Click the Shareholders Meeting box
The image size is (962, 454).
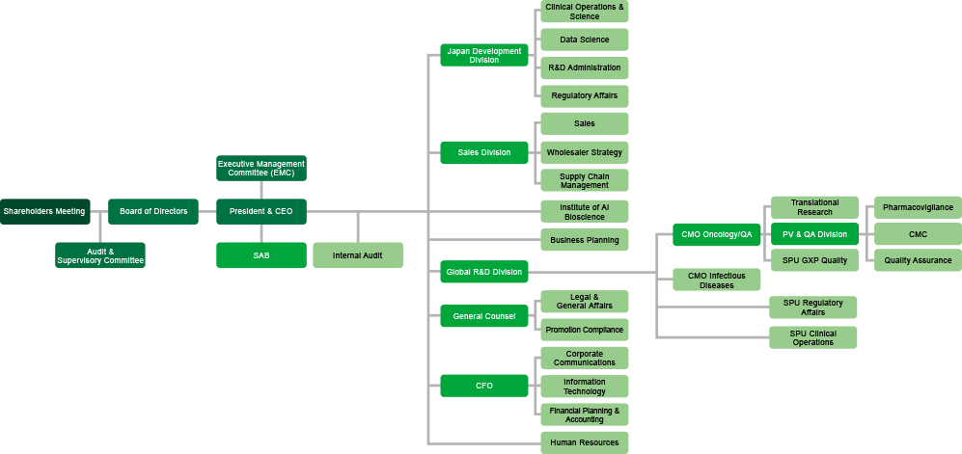[x=44, y=211]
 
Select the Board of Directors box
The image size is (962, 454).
[x=153, y=211]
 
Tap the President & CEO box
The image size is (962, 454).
[x=261, y=211]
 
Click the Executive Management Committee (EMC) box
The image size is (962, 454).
[x=261, y=168]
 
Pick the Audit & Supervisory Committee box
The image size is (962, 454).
[x=100, y=255]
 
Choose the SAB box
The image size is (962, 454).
[x=261, y=255]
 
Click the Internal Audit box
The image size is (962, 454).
[x=357, y=255]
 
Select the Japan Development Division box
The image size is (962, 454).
[x=483, y=55]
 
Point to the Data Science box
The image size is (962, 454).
[x=584, y=40]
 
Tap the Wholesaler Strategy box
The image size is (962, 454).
[x=584, y=152]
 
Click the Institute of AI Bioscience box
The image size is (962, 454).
[x=584, y=211]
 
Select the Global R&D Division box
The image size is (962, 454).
[x=483, y=272]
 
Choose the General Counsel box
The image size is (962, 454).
[x=483, y=316]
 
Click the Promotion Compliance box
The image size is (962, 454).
[x=584, y=330]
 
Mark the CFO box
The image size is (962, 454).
[x=483, y=386]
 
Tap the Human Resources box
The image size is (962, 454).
[x=584, y=442]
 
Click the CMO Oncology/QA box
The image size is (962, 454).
[x=717, y=233]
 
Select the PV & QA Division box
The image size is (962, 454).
[x=813, y=233]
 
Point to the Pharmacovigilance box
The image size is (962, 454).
[x=917, y=207]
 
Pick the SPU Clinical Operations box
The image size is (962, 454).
[x=812, y=337]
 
